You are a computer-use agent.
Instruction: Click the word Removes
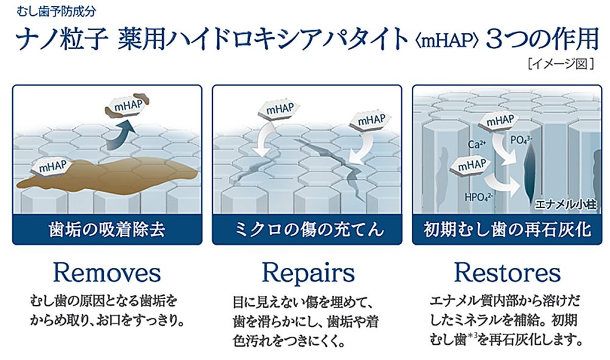point(107,273)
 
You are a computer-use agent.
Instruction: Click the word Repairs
point(308,273)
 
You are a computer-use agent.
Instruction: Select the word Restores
point(507,273)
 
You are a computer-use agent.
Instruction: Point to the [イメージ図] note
point(562,62)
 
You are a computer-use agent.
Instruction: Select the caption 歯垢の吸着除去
point(107,230)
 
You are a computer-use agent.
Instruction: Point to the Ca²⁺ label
point(477,145)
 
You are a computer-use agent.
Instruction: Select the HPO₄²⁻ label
point(477,196)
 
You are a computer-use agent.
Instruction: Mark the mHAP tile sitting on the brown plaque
point(54,166)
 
